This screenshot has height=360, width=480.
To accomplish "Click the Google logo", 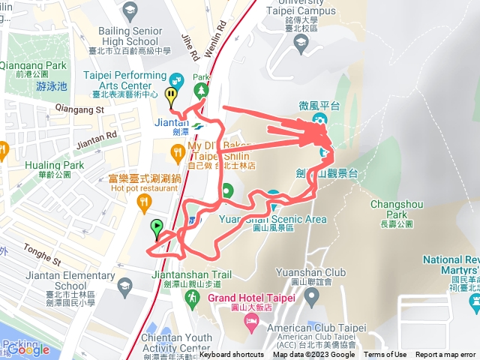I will point(28,349).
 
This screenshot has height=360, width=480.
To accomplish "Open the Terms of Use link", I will point(385,355).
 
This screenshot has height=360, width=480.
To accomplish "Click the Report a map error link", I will point(445,355).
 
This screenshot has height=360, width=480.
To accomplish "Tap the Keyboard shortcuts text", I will point(232,355).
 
